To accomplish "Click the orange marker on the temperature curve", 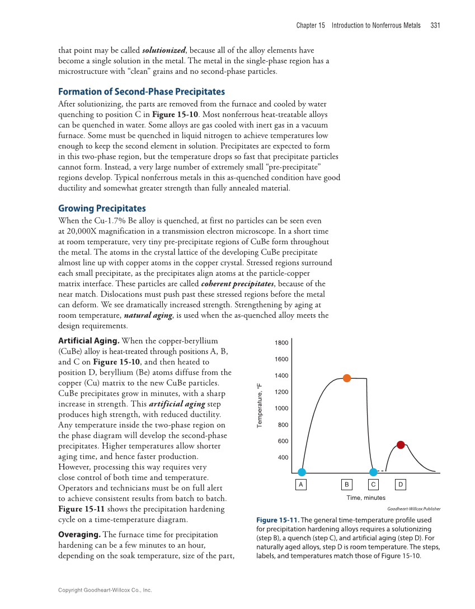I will click(x=347, y=378).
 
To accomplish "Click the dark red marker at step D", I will click(x=401, y=445).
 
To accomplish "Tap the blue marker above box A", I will click(x=302, y=472).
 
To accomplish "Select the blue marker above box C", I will click(x=373, y=472).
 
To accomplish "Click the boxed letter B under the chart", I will click(x=347, y=484).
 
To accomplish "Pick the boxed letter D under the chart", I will click(x=401, y=484).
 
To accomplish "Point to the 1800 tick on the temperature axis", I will click(x=281, y=343).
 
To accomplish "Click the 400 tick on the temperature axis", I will click(x=283, y=458).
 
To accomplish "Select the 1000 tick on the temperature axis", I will click(x=281, y=408).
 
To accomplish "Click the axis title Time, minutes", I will click(x=366, y=498).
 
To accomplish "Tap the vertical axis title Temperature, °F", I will click(x=259, y=406).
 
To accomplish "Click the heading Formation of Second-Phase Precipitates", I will click(x=142, y=92).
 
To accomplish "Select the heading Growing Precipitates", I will click(x=102, y=208).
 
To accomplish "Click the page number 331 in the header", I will click(x=435, y=25).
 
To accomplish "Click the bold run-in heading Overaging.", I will click(x=79, y=534).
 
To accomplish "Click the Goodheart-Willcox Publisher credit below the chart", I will click(x=413, y=509).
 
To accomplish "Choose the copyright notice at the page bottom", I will click(x=105, y=590).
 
